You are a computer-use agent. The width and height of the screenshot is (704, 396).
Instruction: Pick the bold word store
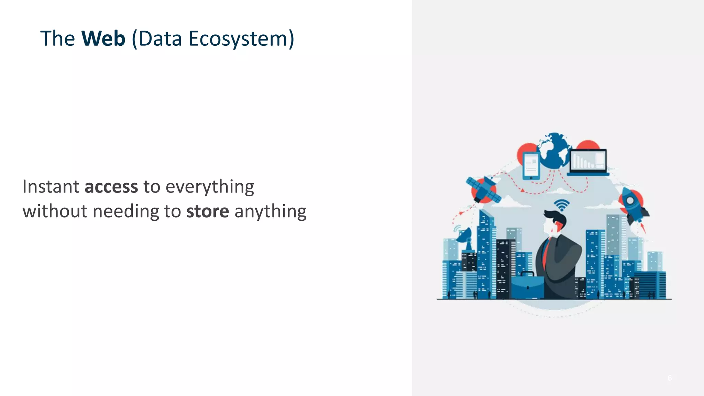pos(208,211)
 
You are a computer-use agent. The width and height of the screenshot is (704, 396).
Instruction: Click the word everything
pos(210,187)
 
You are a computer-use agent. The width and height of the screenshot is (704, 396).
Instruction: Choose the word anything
pos(270,212)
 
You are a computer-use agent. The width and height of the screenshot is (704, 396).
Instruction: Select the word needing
pos(126,212)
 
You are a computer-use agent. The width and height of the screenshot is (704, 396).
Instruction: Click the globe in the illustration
pos(554,151)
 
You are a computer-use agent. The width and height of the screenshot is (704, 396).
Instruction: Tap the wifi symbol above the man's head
pos(561,205)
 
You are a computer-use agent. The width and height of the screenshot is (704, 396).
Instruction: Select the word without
pos(55,211)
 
